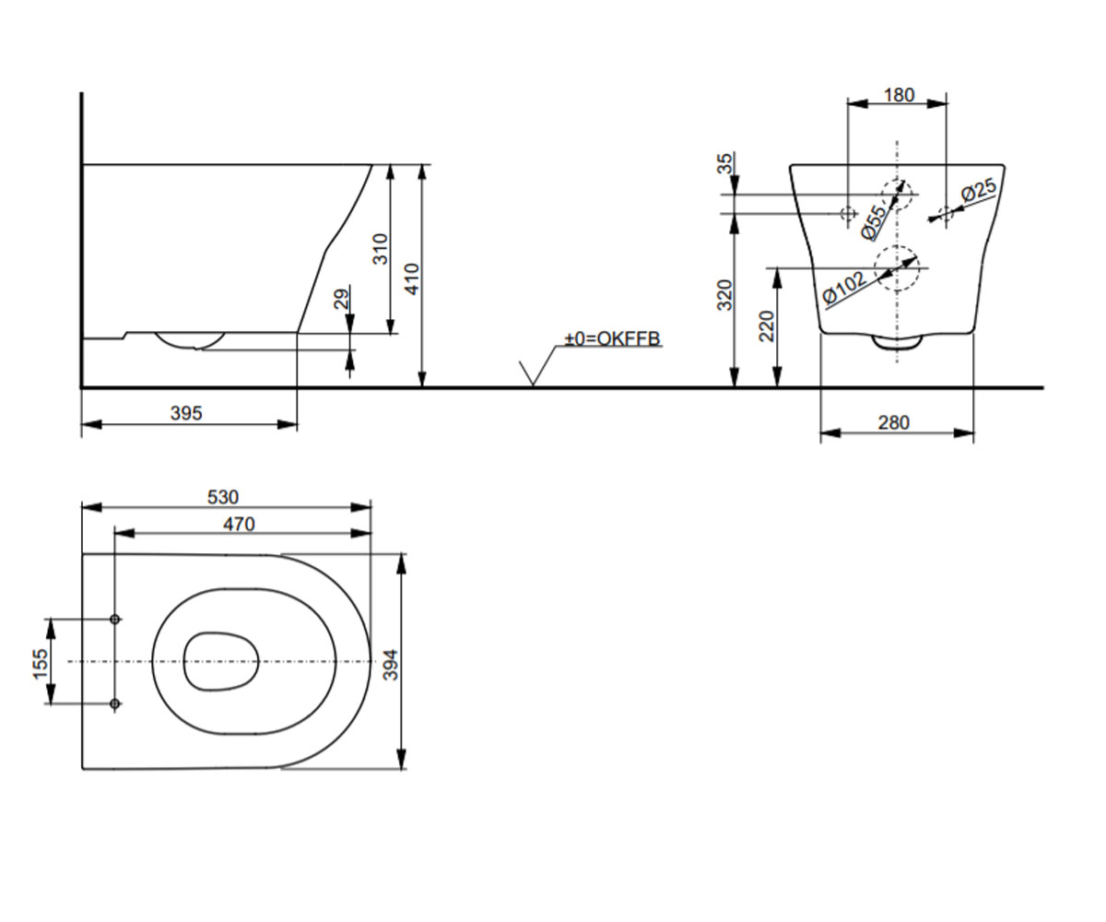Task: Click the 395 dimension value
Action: point(186,413)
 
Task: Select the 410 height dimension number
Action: point(412,278)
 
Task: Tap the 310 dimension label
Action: point(381,249)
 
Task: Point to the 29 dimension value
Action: point(343,300)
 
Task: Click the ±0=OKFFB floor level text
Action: point(613,338)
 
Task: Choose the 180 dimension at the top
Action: point(900,95)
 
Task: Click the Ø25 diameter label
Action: point(978,190)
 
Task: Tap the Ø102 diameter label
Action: point(844,289)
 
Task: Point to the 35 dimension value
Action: point(724,162)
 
